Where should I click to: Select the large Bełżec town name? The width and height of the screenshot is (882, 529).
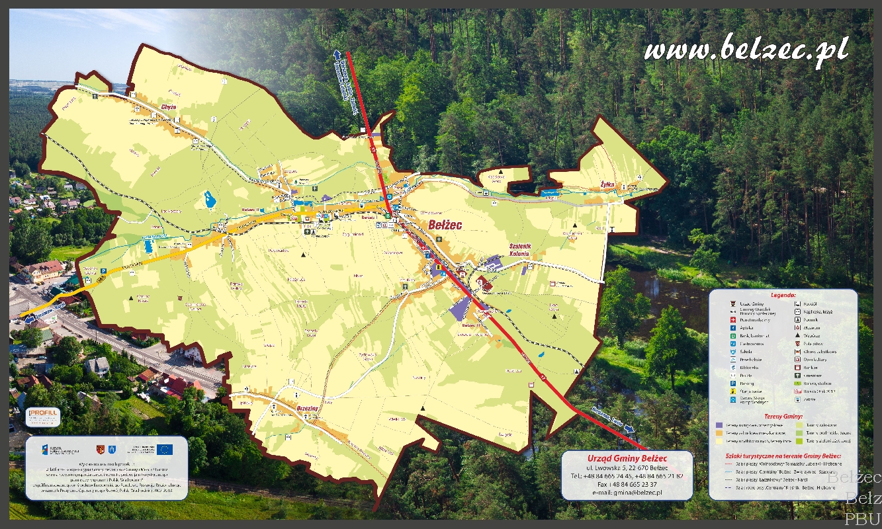(x=445, y=225)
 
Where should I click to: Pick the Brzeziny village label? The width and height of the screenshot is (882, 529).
(x=308, y=408)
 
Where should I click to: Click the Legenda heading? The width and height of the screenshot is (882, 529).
(x=783, y=295)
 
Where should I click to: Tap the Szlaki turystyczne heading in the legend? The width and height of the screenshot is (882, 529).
(x=783, y=456)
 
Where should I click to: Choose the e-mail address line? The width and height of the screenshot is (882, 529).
(x=627, y=493)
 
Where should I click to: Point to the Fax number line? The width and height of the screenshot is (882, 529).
(x=627, y=484)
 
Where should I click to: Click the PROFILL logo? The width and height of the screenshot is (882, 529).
(x=43, y=417)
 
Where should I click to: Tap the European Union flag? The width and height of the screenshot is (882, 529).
(x=165, y=449)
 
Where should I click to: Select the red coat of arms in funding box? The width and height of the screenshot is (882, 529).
(x=101, y=450)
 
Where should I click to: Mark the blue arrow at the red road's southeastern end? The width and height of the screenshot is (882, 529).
(x=629, y=429)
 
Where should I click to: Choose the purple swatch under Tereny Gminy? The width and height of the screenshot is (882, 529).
(x=719, y=425)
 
